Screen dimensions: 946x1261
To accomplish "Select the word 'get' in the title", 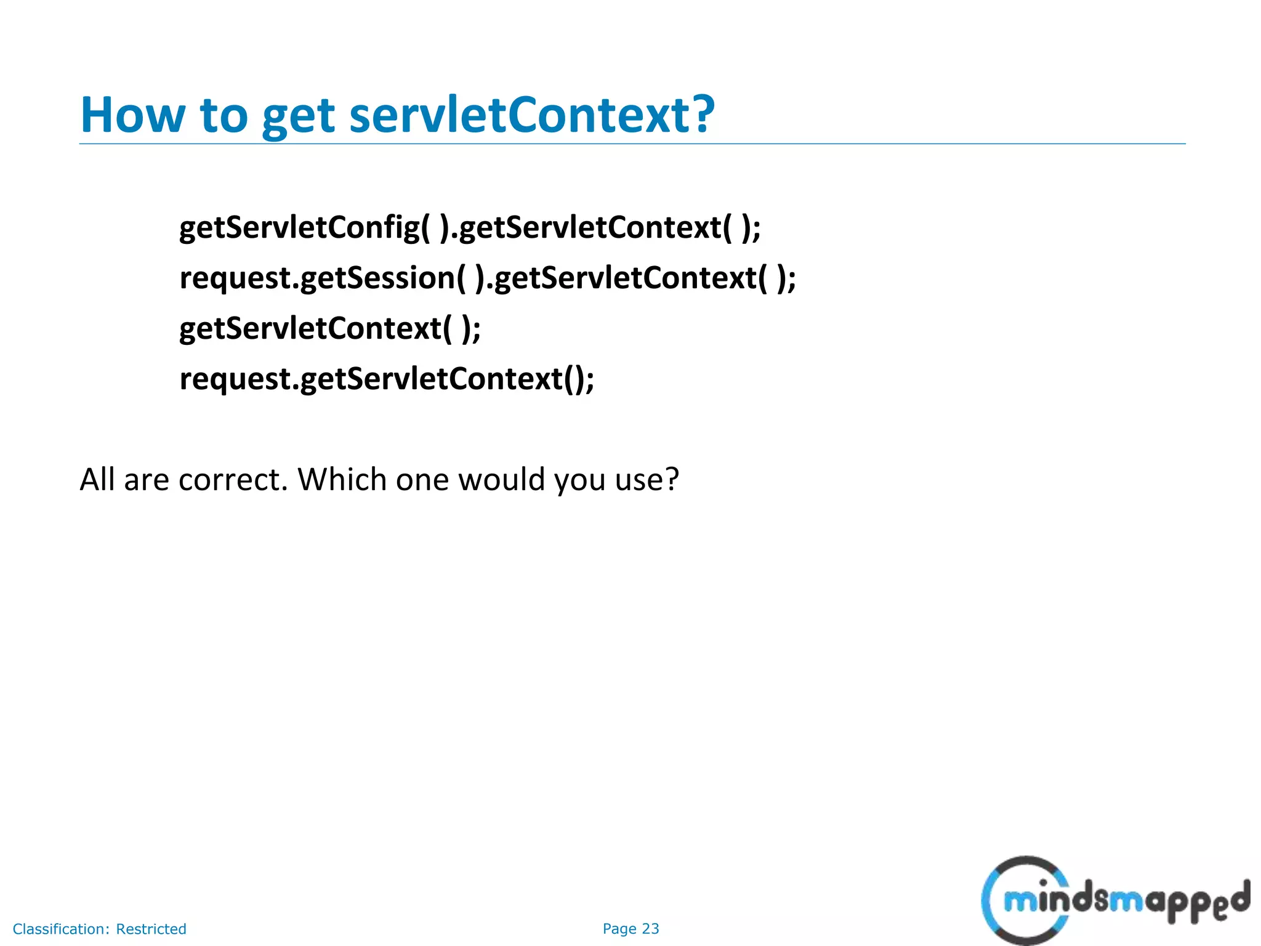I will click(299, 117).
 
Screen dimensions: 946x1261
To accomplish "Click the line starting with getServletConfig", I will click(470, 228).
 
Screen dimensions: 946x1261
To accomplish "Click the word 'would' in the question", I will click(501, 479).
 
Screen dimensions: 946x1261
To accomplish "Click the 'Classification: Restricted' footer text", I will click(99, 929).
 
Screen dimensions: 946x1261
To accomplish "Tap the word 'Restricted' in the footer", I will click(151, 929).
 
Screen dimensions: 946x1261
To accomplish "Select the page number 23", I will click(651, 929).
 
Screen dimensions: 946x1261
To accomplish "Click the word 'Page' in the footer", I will click(619, 929).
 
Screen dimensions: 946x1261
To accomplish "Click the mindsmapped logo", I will click(1114, 900).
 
